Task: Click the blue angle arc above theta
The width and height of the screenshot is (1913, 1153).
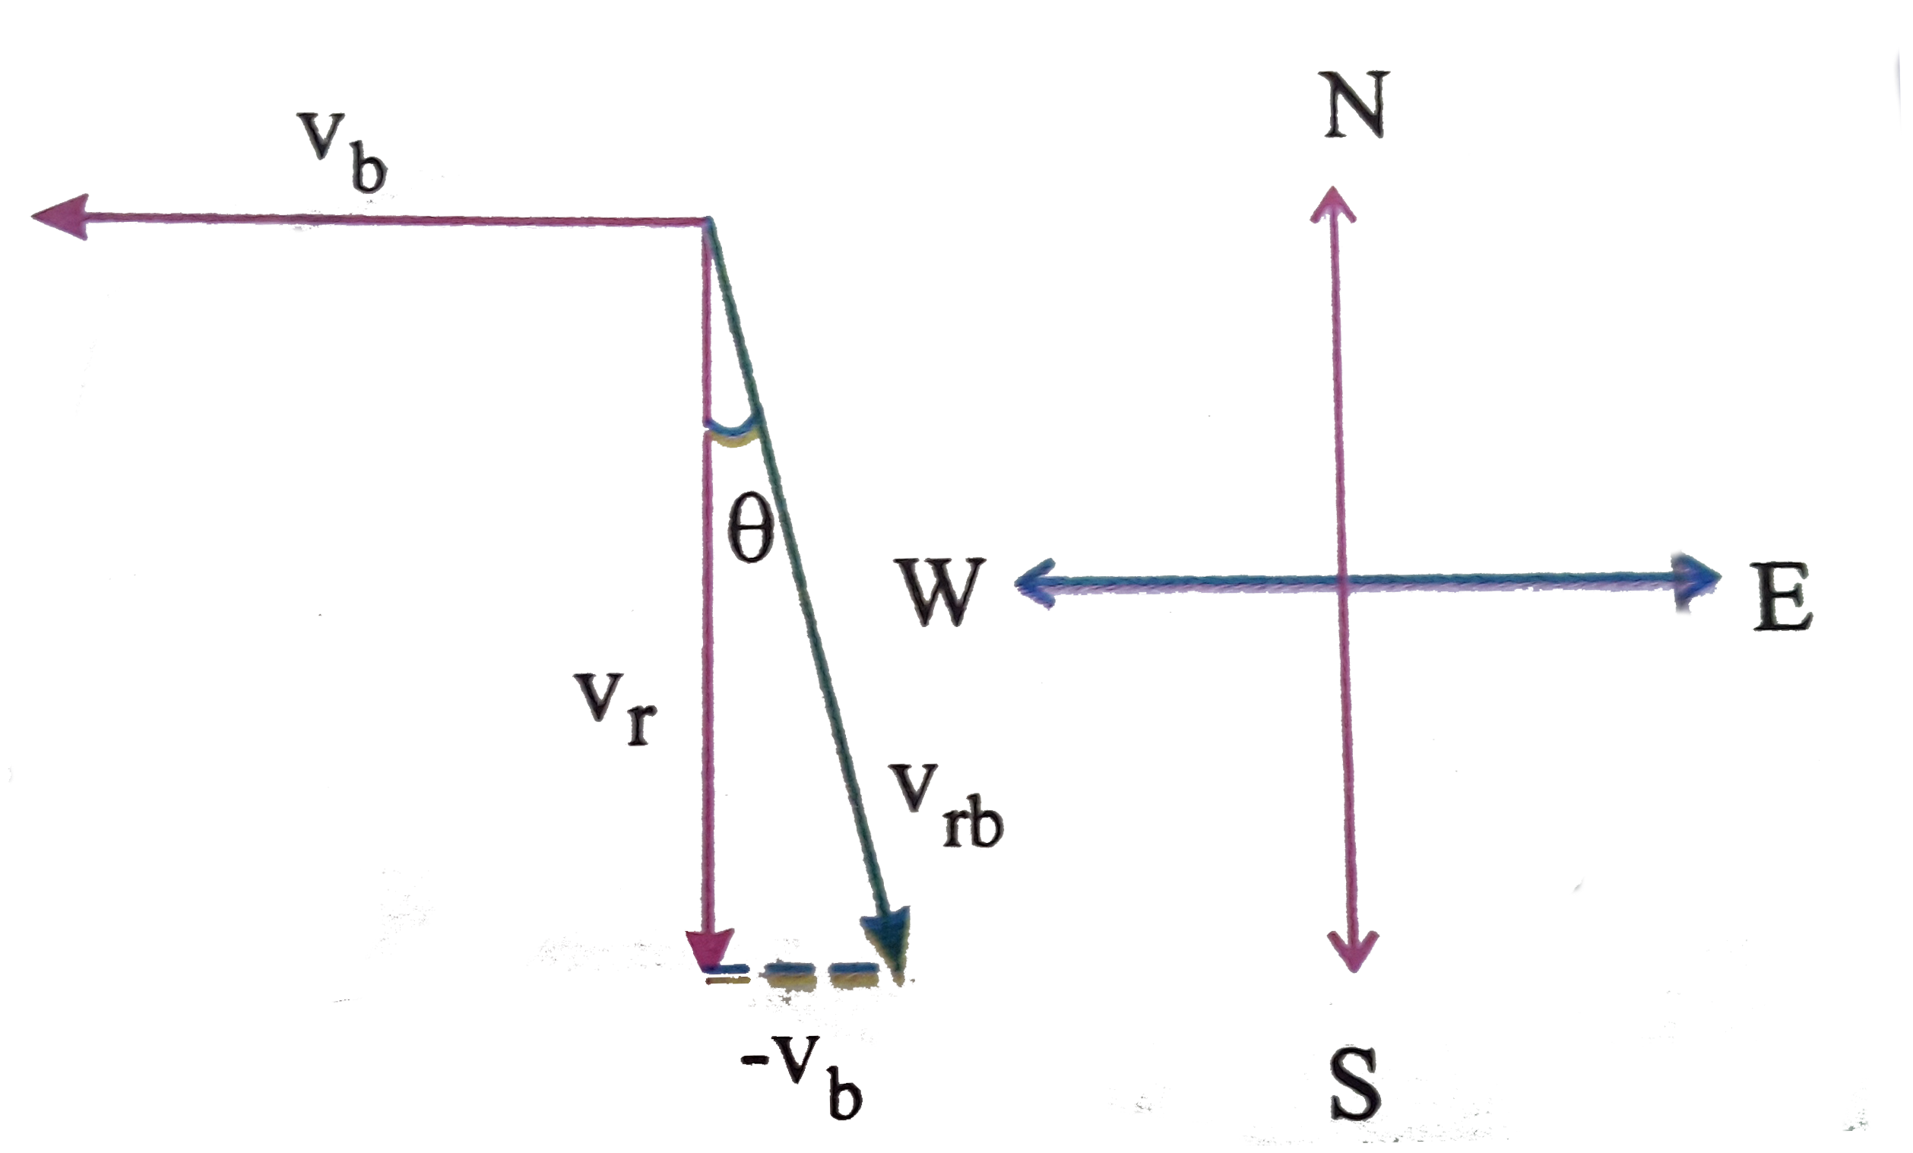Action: click(x=731, y=426)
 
